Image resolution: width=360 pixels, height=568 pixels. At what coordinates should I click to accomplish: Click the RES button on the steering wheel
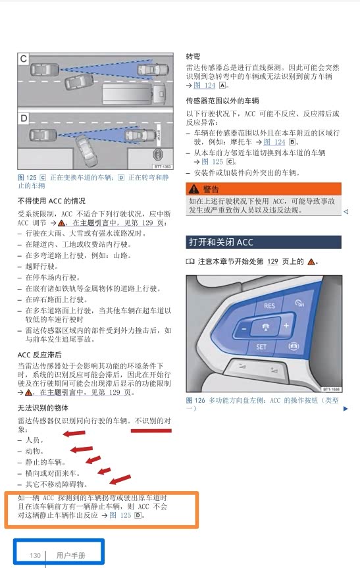(269, 305)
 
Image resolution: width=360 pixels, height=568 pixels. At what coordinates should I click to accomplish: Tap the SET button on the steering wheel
(261, 347)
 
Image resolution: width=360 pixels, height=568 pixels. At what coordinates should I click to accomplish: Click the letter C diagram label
(24, 59)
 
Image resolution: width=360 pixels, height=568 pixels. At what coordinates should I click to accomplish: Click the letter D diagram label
(24, 118)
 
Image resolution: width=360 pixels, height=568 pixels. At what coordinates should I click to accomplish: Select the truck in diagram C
(134, 93)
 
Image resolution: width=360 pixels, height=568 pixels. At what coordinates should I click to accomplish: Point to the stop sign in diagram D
(158, 155)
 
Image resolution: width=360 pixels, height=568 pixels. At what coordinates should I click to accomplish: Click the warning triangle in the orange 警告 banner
(193, 189)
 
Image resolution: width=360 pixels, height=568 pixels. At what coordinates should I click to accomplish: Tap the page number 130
(35, 555)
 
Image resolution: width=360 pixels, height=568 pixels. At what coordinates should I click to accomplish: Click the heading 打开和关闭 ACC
(221, 242)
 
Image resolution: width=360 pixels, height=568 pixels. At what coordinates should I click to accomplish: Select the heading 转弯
(193, 56)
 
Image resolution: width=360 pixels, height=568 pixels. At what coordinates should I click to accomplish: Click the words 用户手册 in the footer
(70, 555)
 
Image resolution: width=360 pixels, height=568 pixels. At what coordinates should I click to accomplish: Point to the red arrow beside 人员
(74, 433)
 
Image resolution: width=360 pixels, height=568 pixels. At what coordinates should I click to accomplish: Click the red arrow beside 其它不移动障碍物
(120, 479)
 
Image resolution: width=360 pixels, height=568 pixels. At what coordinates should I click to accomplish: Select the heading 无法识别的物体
(43, 407)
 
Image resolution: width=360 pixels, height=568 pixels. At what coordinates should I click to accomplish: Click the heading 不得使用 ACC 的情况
(51, 201)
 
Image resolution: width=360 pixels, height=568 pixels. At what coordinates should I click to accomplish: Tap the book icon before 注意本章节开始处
(190, 261)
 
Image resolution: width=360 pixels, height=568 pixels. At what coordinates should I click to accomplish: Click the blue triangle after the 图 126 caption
(346, 409)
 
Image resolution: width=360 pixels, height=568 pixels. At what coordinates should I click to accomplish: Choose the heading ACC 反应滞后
(39, 355)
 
